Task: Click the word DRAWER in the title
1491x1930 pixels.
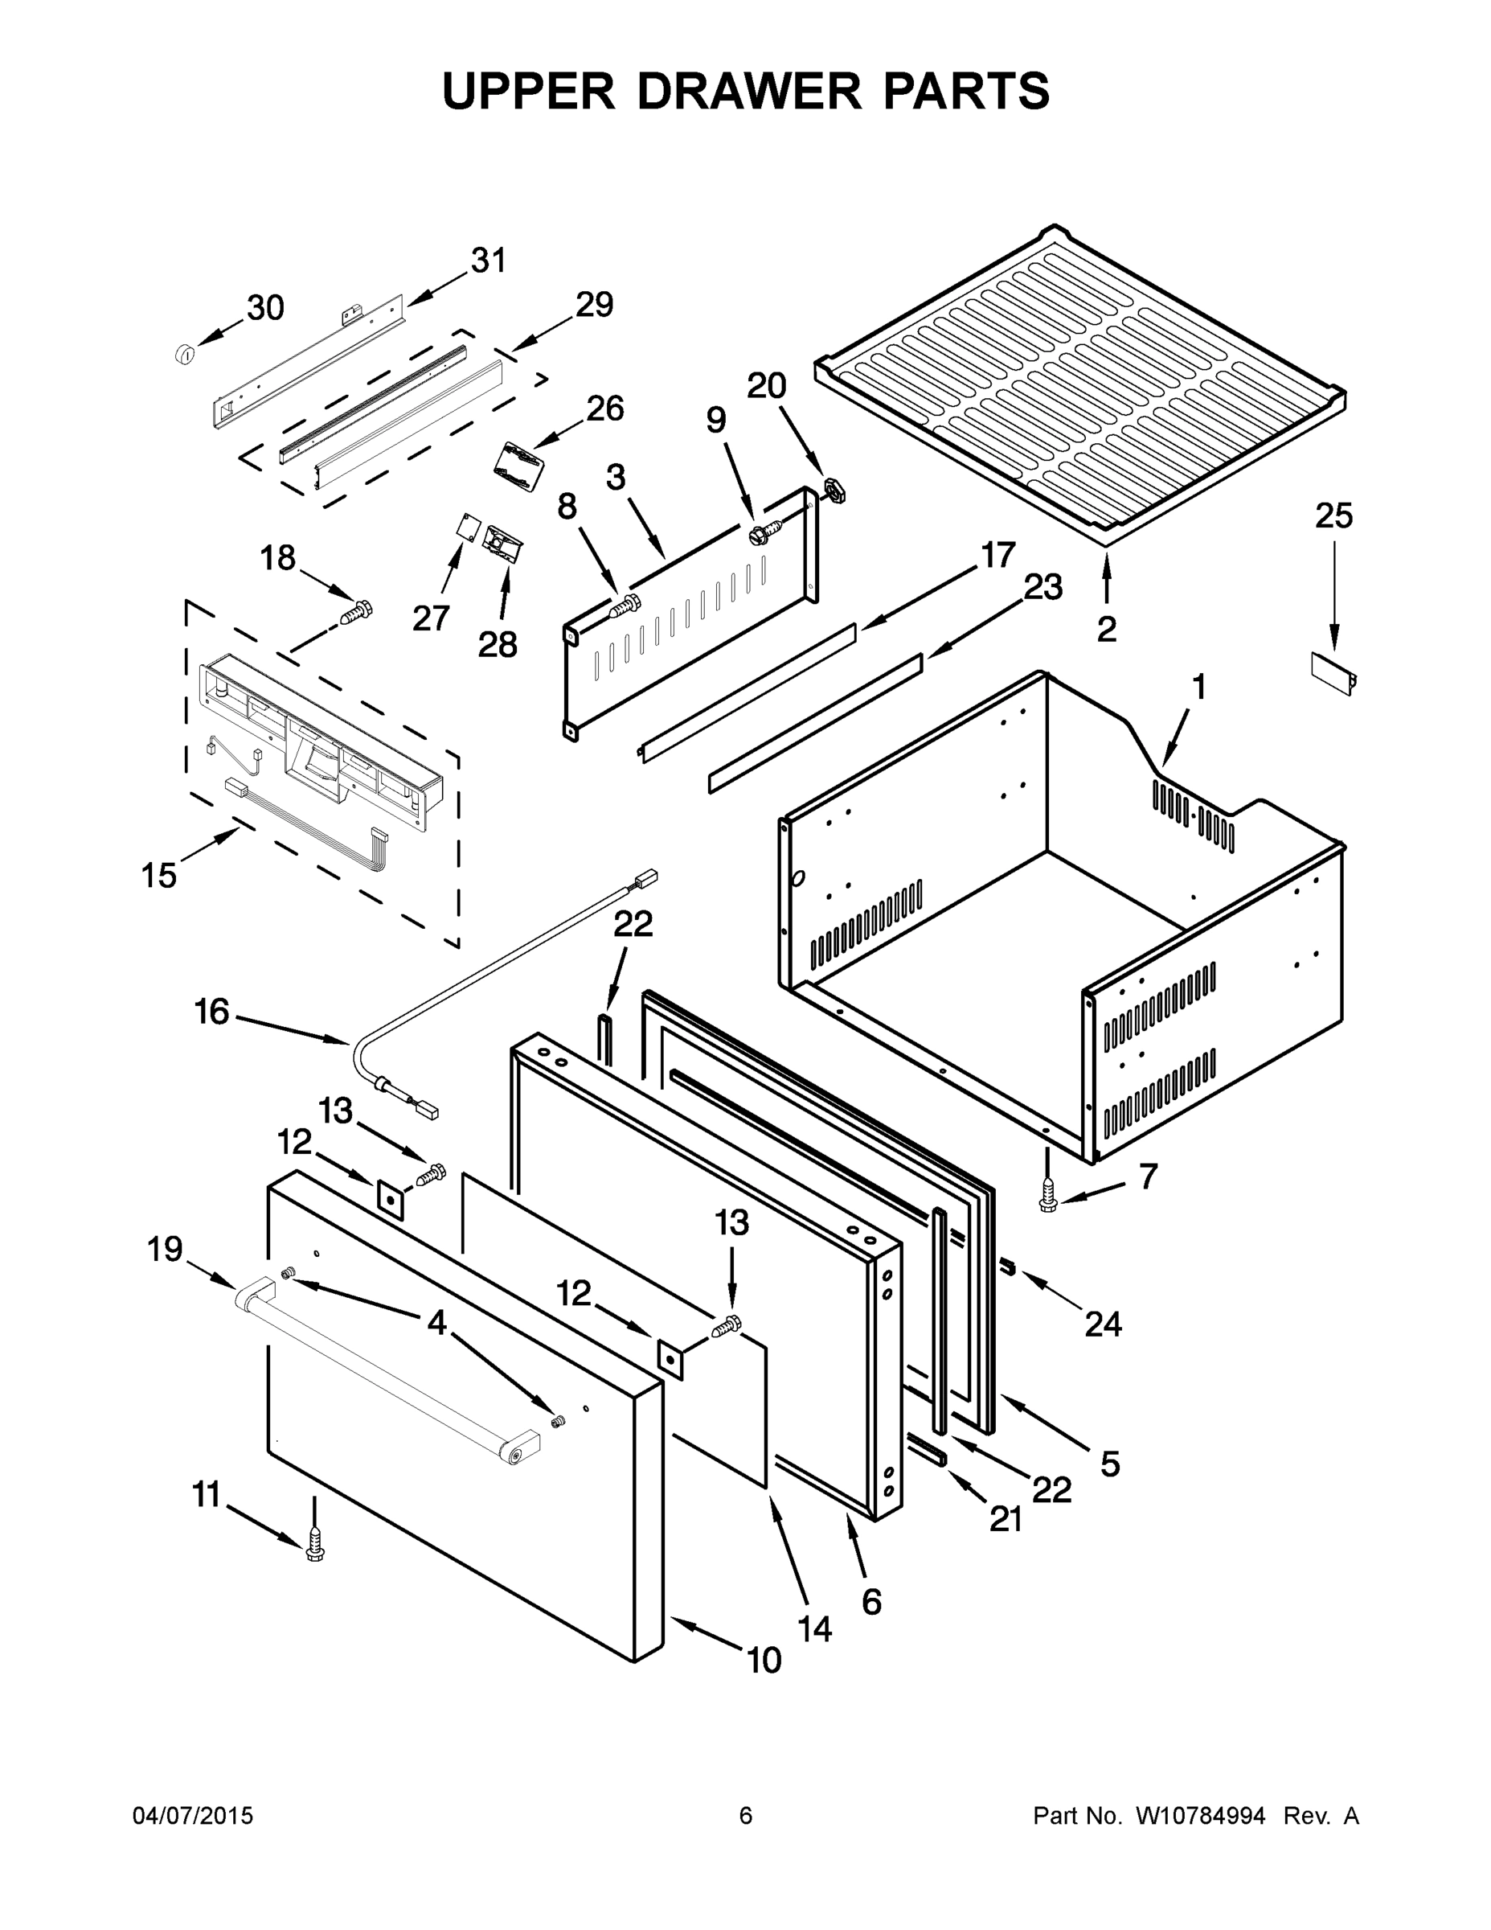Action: tap(748, 91)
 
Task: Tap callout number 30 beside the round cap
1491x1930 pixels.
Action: tap(265, 309)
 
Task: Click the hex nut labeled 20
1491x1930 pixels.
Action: tap(831, 488)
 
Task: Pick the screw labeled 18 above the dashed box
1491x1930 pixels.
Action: tap(358, 610)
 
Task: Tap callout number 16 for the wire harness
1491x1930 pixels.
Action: tap(212, 1012)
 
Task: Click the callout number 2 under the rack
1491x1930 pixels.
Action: tap(1106, 629)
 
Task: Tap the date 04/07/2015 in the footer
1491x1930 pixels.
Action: tap(193, 1816)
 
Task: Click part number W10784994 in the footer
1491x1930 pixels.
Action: tap(1200, 1816)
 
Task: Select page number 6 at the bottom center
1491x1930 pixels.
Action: tap(746, 1816)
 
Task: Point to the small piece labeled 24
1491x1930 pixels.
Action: tap(1007, 1269)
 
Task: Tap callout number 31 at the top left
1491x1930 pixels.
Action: tap(489, 261)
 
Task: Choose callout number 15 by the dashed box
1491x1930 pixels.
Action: tap(159, 876)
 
